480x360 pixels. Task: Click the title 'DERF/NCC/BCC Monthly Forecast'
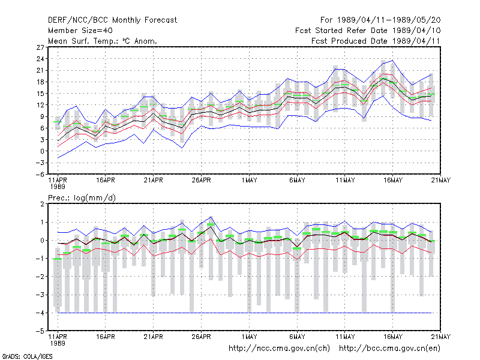click(x=112, y=20)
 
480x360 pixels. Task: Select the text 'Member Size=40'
click(x=80, y=31)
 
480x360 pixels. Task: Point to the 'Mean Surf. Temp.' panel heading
click(x=102, y=41)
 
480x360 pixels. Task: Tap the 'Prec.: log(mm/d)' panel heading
click(x=82, y=198)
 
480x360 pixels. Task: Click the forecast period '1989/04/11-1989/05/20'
click(x=389, y=20)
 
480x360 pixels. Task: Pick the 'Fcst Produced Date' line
click(x=376, y=41)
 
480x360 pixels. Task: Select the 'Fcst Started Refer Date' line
click(x=368, y=31)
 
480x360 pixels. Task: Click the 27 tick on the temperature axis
click(x=40, y=47)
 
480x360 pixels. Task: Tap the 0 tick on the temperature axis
click(x=42, y=151)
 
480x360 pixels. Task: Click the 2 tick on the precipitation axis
click(x=42, y=204)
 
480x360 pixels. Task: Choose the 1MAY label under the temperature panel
click(x=249, y=181)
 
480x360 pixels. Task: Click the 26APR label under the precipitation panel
click(x=201, y=337)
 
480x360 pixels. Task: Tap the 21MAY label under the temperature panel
click(x=440, y=181)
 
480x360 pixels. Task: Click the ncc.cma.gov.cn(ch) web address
click(x=279, y=349)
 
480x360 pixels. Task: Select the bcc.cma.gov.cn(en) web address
click(x=389, y=349)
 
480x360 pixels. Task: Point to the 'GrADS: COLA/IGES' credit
click(x=27, y=356)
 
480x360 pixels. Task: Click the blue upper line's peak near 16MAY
click(x=393, y=61)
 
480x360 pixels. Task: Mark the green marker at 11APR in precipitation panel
click(x=58, y=259)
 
